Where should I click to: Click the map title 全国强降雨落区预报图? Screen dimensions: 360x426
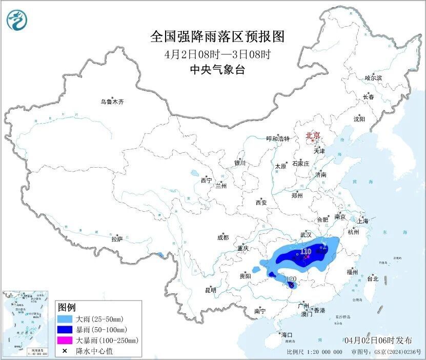217,37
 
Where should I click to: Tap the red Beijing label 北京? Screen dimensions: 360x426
313,135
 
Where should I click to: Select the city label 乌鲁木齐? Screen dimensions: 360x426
112,102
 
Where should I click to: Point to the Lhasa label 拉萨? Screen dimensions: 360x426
117,238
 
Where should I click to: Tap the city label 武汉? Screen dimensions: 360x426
307,233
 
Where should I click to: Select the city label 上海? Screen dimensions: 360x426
363,221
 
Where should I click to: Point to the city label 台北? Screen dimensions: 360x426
372,279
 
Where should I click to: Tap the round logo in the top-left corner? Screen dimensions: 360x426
16,20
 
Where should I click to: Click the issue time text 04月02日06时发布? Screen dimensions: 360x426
378,340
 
